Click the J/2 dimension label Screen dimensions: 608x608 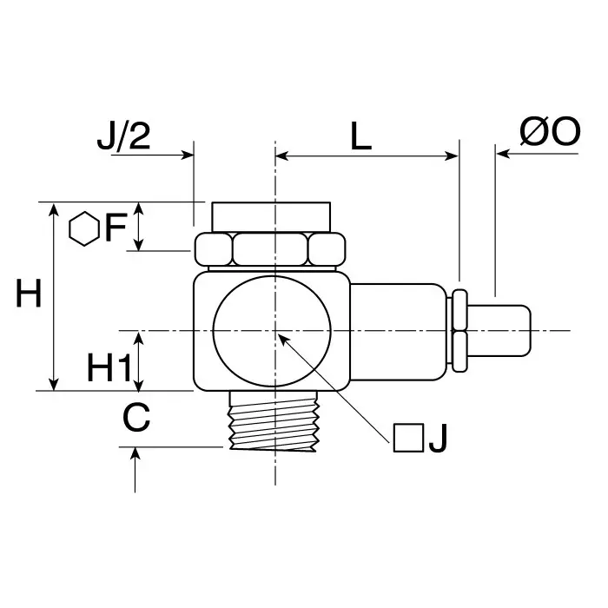pos(123,137)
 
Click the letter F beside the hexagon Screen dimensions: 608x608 pos(116,229)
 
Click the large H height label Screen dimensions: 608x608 pos(29,295)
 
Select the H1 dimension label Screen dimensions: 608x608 pos(109,370)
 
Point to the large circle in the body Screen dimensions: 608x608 pos(273,331)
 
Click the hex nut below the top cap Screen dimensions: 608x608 pos(270,250)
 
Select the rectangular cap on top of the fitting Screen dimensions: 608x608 pos(270,215)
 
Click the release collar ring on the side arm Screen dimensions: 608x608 pos(459,331)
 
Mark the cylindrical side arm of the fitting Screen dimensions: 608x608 pos(398,331)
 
